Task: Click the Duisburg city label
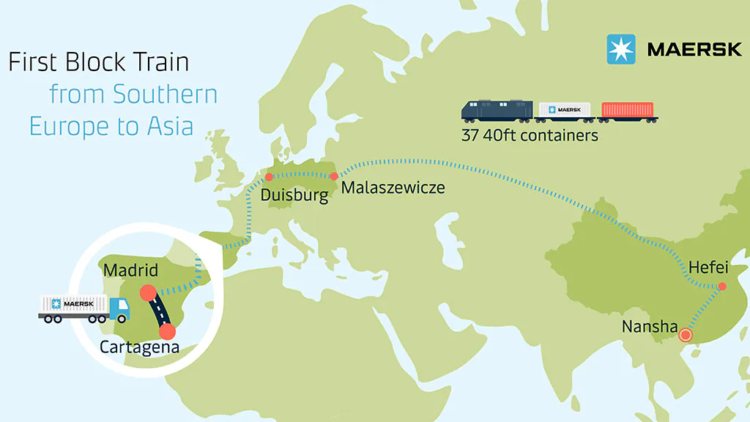pyautogui.click(x=294, y=196)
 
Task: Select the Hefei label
pyautogui.click(x=708, y=268)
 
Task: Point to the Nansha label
pyautogui.click(x=650, y=326)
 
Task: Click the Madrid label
pyautogui.click(x=130, y=270)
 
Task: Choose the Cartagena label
pyautogui.click(x=139, y=347)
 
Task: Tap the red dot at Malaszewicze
pyautogui.click(x=334, y=176)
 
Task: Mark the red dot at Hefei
pyautogui.click(x=721, y=286)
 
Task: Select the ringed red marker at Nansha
pyautogui.click(x=686, y=336)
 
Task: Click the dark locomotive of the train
pyautogui.click(x=496, y=110)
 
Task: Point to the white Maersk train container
pyautogui.click(x=563, y=110)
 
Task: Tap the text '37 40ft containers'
pyautogui.click(x=530, y=136)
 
